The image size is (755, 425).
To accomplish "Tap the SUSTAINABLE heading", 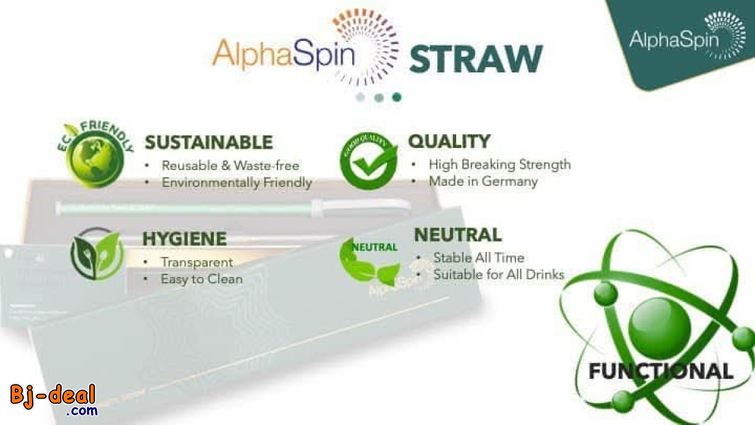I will (209, 142).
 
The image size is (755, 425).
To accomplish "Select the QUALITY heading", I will (449, 141).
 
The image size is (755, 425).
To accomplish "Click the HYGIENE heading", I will (184, 239).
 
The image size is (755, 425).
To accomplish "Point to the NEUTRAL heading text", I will (457, 235).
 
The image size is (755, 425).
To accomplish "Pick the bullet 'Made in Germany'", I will (483, 181).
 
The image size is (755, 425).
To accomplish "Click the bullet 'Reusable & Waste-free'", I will (230, 166).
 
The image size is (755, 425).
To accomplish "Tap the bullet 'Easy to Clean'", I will (201, 278).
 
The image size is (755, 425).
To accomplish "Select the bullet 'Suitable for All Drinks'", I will (498, 275).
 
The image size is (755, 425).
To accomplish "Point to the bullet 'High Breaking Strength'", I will (500, 164).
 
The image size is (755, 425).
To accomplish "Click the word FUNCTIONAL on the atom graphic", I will (660, 370).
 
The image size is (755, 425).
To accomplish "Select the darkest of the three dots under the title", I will (396, 97).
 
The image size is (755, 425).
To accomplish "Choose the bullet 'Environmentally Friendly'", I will (237, 183).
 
